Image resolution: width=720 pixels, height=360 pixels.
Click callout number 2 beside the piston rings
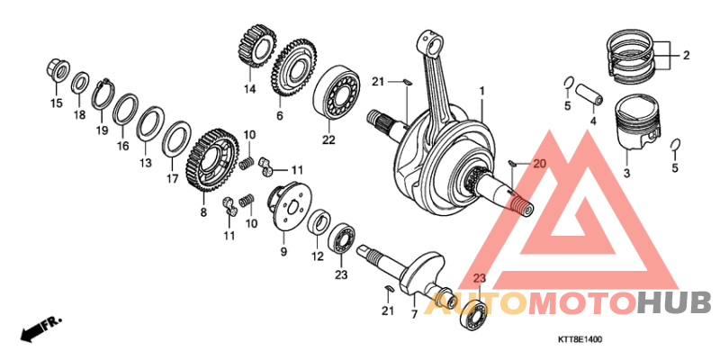[686, 55]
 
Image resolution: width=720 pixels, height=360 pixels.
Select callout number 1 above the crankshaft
[481, 91]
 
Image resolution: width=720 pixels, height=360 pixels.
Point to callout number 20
[539, 164]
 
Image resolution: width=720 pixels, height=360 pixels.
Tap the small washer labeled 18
[79, 85]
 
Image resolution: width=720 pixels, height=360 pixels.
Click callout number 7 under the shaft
[415, 314]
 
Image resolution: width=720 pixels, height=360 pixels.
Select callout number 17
[172, 178]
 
